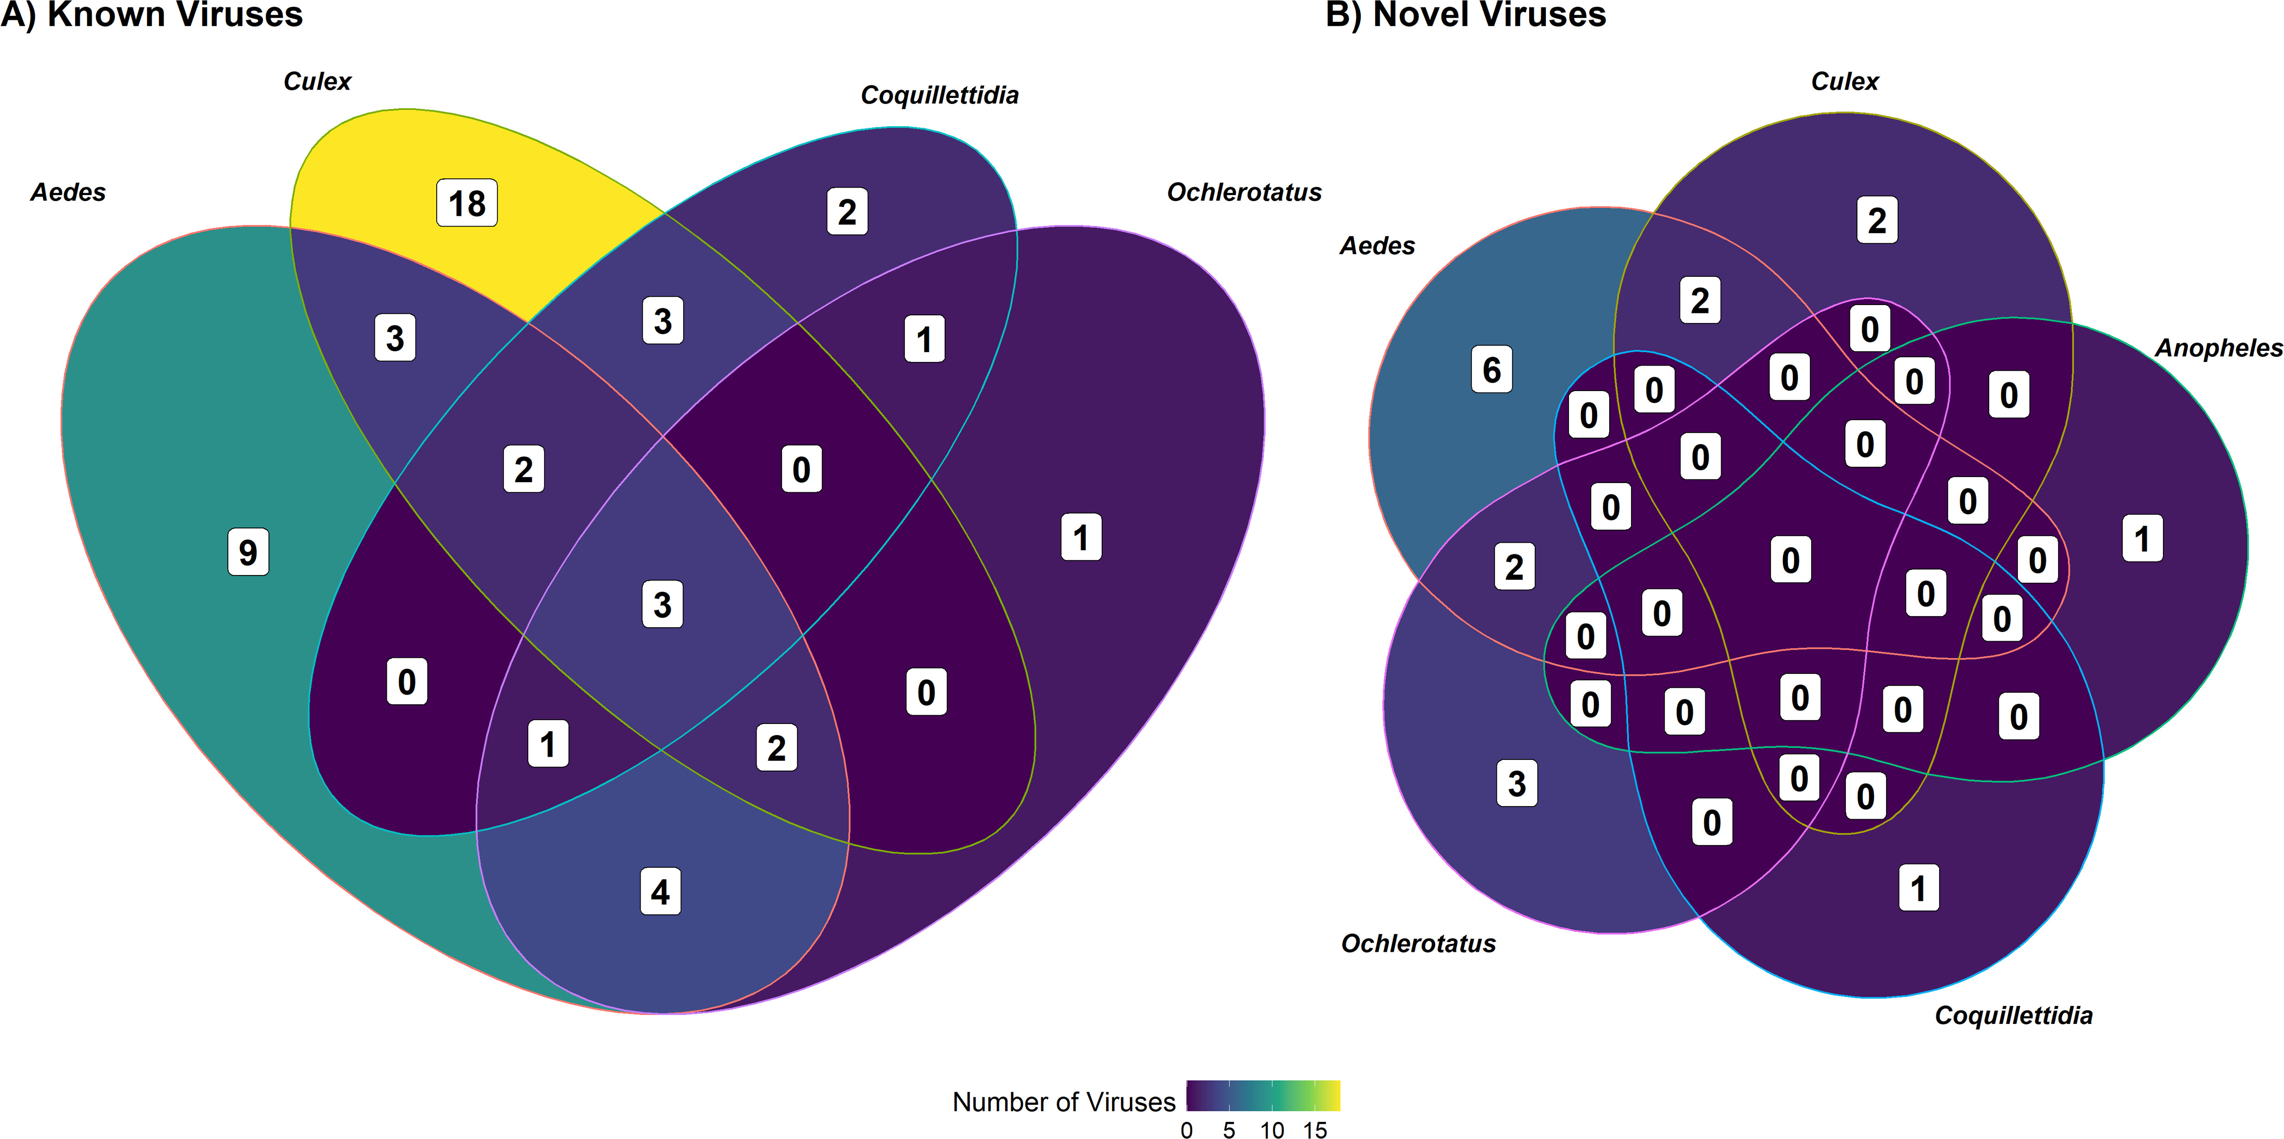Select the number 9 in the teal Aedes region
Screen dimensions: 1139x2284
tap(248, 552)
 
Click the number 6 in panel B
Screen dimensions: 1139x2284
tap(1491, 369)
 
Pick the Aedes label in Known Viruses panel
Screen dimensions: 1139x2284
tap(68, 192)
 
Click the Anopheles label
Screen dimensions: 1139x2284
tap(2218, 348)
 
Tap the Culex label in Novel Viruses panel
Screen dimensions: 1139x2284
tap(1844, 82)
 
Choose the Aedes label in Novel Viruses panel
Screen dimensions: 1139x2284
tap(1377, 246)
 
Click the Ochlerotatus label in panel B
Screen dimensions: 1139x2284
tap(1418, 943)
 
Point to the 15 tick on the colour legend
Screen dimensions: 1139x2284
tap(1315, 1129)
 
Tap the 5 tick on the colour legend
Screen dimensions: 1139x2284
tap(1229, 1129)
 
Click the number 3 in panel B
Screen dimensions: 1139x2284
tap(1517, 783)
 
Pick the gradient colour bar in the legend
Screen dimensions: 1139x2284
tap(1263, 1096)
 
